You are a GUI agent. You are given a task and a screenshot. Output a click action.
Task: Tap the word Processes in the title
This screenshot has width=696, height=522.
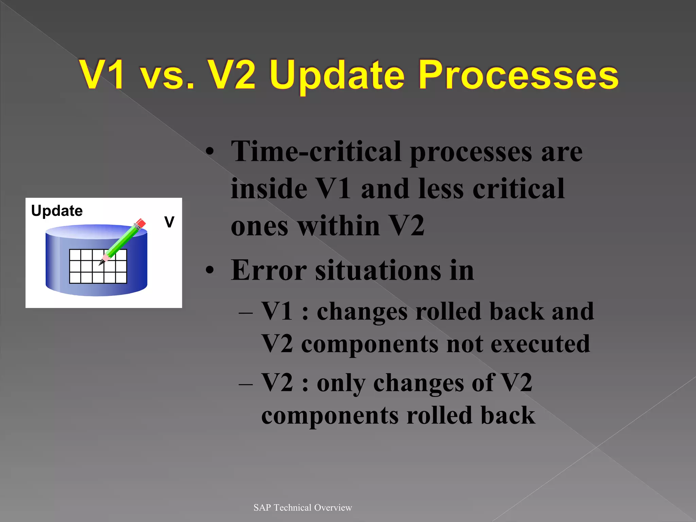[x=518, y=75]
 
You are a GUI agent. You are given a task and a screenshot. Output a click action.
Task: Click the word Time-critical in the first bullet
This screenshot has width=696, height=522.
[x=316, y=152]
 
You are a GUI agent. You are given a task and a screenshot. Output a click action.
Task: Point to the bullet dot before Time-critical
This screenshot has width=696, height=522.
[x=210, y=152]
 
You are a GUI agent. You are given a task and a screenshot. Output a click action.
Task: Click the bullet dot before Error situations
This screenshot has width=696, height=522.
[x=210, y=271]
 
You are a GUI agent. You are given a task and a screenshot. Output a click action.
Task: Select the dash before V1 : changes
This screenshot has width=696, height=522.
[x=245, y=312]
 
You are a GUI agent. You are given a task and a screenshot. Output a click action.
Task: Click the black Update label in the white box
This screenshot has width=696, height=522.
[x=57, y=211]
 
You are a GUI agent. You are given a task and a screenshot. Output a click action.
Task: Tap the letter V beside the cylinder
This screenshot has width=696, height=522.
[x=169, y=222]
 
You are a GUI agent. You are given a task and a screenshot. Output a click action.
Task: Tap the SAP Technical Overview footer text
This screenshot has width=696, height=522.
[x=302, y=507]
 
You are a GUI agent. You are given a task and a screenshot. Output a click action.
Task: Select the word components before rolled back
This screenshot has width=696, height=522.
[x=330, y=416]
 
